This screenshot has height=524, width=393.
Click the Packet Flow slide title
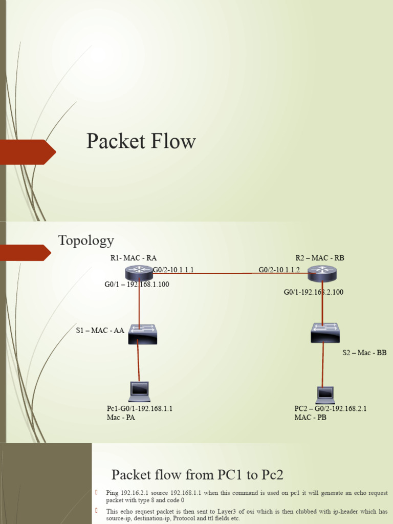point(141,141)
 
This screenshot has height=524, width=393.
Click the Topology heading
point(86,240)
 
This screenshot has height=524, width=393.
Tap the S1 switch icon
point(143,334)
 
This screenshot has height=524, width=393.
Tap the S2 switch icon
point(325,333)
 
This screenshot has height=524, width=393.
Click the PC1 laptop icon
point(139,391)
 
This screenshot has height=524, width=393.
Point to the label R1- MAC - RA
point(134,258)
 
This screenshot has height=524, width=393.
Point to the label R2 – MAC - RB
point(320,258)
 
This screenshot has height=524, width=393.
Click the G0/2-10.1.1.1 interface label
point(173,270)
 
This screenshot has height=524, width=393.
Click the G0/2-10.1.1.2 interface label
point(279,270)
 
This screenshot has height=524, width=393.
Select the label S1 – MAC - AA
point(100,331)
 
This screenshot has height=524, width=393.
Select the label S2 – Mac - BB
point(364,353)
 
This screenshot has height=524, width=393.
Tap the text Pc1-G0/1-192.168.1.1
point(140,409)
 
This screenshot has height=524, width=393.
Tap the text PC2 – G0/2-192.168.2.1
point(330,409)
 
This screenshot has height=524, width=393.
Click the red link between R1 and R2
point(225,273)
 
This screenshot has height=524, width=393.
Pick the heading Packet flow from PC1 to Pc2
point(197,474)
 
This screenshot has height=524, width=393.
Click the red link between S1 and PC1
point(138,363)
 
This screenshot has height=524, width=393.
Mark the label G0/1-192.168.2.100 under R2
point(314,292)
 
